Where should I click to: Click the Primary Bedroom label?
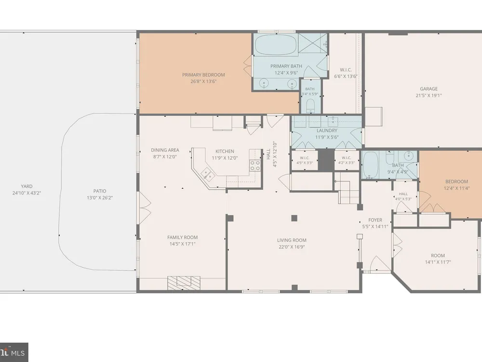(x=203, y=75)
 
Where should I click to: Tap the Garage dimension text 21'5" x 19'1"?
(x=428, y=96)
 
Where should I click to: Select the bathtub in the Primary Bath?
(x=276, y=44)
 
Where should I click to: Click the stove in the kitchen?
(x=255, y=165)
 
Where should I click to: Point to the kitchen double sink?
(x=208, y=175)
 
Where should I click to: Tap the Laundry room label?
(x=327, y=130)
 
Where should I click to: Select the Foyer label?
(x=375, y=220)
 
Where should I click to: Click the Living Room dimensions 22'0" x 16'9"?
(x=292, y=247)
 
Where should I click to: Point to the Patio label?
(x=100, y=191)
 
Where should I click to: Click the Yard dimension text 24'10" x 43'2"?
(x=27, y=193)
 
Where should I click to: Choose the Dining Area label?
(x=165, y=150)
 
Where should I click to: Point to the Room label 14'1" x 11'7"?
(x=438, y=255)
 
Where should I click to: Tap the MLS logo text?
(x=18, y=353)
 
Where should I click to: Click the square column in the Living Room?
(x=294, y=218)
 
